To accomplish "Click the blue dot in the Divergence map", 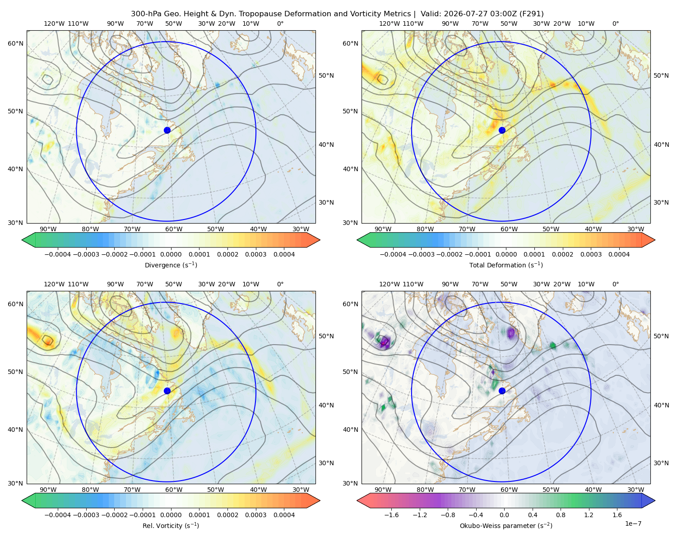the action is (x=167, y=130).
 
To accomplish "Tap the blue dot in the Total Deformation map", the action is (x=502, y=130).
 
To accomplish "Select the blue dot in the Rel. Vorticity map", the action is (x=167, y=391).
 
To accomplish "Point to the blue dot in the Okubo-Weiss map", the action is (x=502, y=391).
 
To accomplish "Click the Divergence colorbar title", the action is (x=171, y=265).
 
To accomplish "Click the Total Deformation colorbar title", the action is (x=506, y=265).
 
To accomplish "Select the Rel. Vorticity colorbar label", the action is (x=171, y=525).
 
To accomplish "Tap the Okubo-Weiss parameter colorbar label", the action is (x=506, y=525).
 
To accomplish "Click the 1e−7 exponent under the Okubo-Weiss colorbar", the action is (x=633, y=523).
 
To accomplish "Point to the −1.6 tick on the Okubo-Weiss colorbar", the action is (x=391, y=514).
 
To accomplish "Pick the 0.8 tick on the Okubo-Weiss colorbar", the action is (x=561, y=514).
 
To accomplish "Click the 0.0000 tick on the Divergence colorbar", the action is (x=171, y=254).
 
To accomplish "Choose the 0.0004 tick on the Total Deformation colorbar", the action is (x=619, y=254).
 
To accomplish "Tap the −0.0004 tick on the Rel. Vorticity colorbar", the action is (x=58, y=514).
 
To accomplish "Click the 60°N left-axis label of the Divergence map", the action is (x=15, y=43).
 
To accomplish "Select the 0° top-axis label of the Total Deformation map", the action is (x=615, y=23).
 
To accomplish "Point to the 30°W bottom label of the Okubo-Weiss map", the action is (x=635, y=490).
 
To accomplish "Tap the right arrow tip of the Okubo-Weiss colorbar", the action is (x=655, y=500).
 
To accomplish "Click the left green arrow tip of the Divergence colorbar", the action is (x=22, y=240).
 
